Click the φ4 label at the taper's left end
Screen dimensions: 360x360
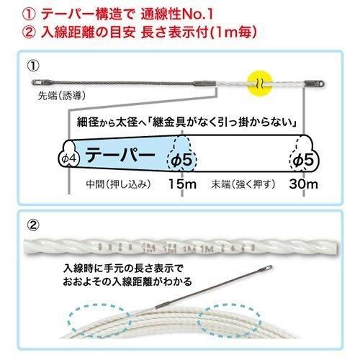coord(69,158)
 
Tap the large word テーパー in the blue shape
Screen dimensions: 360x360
coord(120,155)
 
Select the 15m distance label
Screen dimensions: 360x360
coord(183,184)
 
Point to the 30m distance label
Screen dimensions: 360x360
coord(303,184)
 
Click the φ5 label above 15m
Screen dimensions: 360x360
coord(181,160)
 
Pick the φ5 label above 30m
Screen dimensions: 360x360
coord(303,160)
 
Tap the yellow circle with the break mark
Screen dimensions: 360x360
coord(260,84)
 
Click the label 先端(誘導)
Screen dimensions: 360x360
coord(62,96)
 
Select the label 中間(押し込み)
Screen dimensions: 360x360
coord(119,184)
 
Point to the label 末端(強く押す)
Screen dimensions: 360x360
coord(243,184)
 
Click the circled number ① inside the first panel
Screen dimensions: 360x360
coord(33,66)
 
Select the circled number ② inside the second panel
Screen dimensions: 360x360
coord(33,225)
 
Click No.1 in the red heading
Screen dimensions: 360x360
coord(198,14)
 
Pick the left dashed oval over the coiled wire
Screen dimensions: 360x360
coord(100,321)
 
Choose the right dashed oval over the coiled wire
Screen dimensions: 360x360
coord(229,321)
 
